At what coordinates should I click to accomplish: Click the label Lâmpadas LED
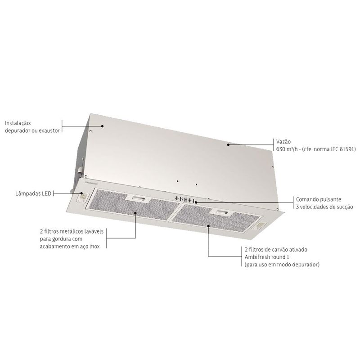(33, 194)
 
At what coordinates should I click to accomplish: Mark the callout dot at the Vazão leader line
(228, 144)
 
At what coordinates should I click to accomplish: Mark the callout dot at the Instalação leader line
(103, 126)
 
